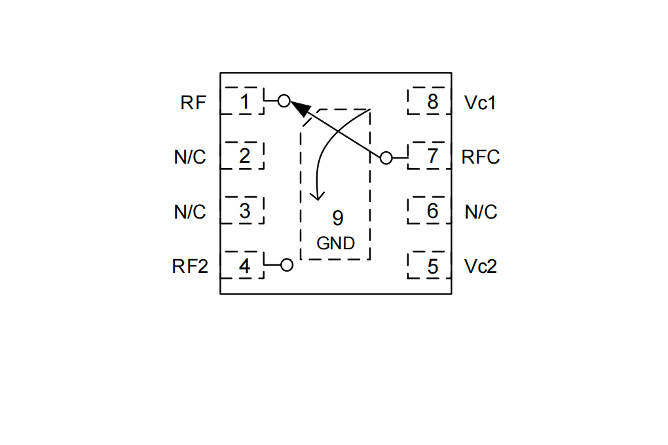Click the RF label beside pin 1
pyautogui.click(x=193, y=103)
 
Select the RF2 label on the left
pyautogui.click(x=190, y=266)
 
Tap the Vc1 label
pyautogui.click(x=480, y=103)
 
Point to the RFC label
pyautogui.click(x=481, y=157)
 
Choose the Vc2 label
pyautogui.click(x=481, y=266)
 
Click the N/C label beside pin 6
pyautogui.click(x=481, y=211)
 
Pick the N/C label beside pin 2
pyautogui.click(x=190, y=157)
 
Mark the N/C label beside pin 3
pyautogui.click(x=190, y=211)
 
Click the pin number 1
pyautogui.click(x=244, y=101)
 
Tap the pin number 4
pyautogui.click(x=244, y=266)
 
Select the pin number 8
pyautogui.click(x=432, y=102)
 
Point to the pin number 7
pyautogui.click(x=432, y=156)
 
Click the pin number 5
pyautogui.click(x=433, y=266)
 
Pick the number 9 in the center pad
pyautogui.click(x=337, y=218)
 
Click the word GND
pyautogui.click(x=336, y=243)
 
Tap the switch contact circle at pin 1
pyautogui.click(x=284, y=101)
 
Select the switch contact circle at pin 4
pyautogui.click(x=287, y=265)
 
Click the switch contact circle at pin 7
pyautogui.click(x=386, y=158)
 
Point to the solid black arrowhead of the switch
pyautogui.click(x=300, y=108)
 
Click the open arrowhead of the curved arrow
pyautogui.click(x=318, y=196)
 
